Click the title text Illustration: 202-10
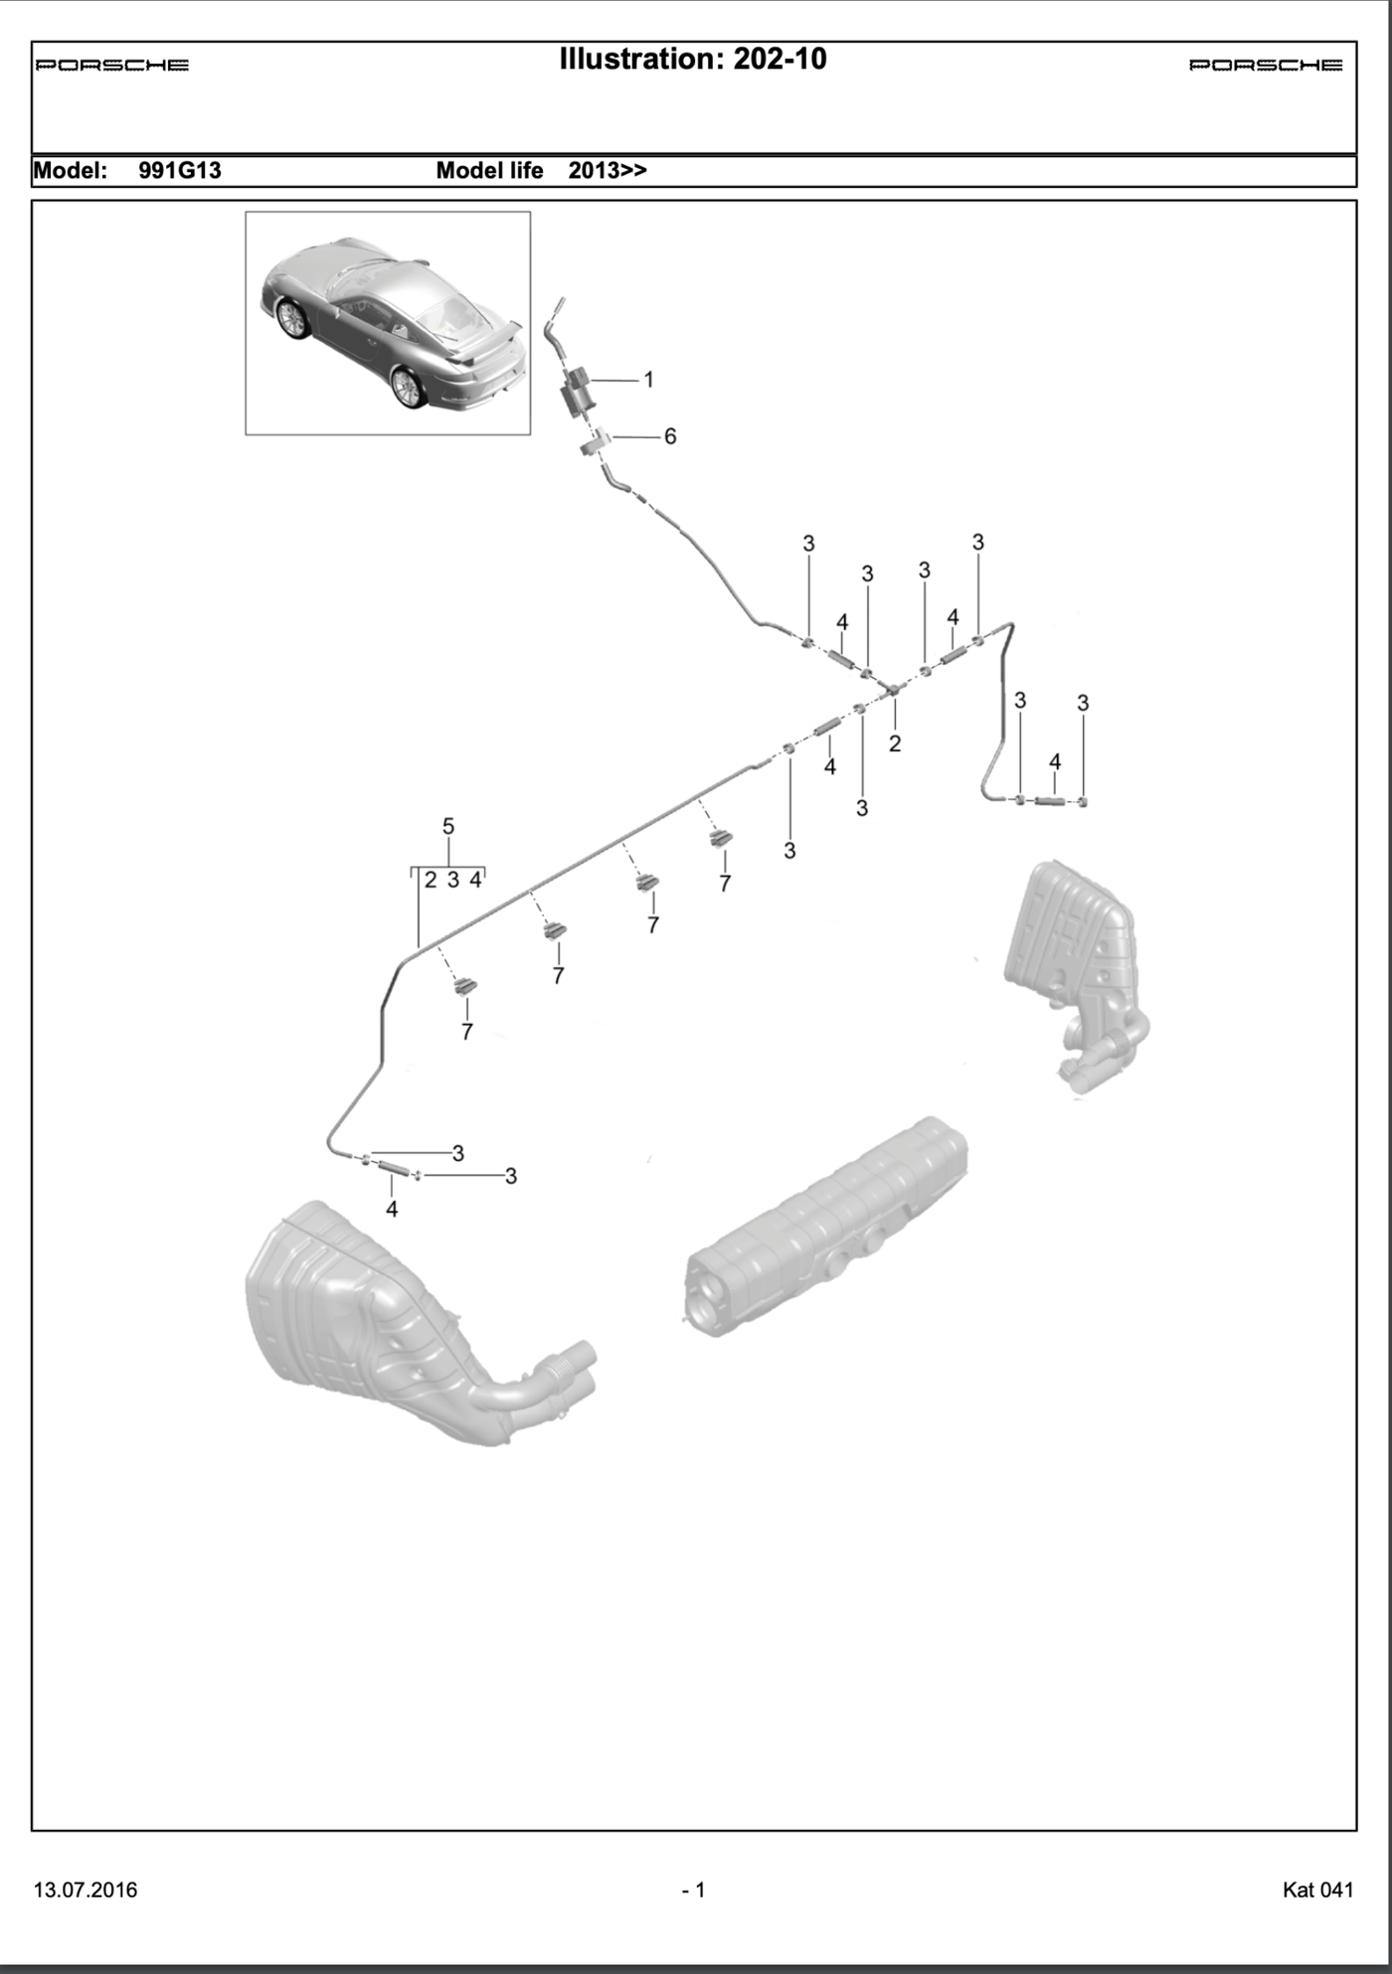click(692, 60)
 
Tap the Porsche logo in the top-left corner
click(111, 66)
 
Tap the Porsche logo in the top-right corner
click(1265, 66)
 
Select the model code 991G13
click(180, 171)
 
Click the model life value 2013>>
click(608, 171)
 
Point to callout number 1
click(648, 380)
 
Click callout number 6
click(669, 436)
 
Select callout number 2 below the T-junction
click(895, 743)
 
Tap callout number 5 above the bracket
click(448, 826)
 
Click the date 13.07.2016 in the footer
click(86, 1890)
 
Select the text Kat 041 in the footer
click(1317, 1890)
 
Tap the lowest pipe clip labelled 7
click(465, 986)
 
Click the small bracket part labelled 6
click(596, 441)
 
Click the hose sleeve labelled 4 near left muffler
click(392, 1168)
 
